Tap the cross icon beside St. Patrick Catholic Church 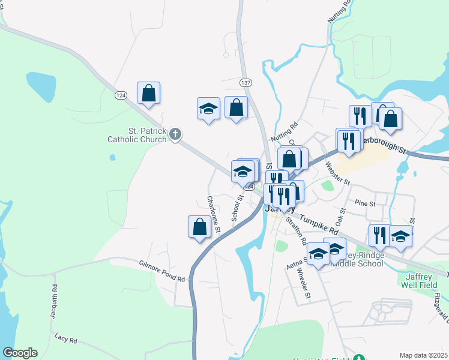pyautogui.click(x=175, y=134)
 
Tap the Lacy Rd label pyautogui.click(x=65, y=340)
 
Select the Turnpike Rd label pyautogui.click(x=318, y=223)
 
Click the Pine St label pyautogui.click(x=364, y=203)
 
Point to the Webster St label pyautogui.click(x=336, y=172)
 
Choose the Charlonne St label pyautogui.click(x=213, y=214)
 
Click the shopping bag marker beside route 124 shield pyautogui.click(x=148, y=94)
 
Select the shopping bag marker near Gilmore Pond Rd pyautogui.click(x=199, y=227)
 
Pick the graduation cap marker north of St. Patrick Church pyautogui.click(x=208, y=109)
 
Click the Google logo pyautogui.click(x=20, y=353)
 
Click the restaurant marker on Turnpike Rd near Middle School pyautogui.click(x=379, y=235)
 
